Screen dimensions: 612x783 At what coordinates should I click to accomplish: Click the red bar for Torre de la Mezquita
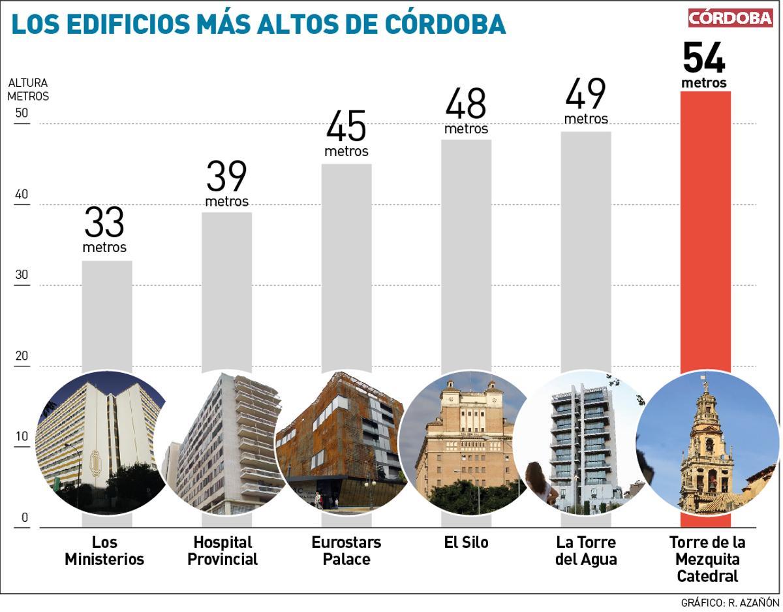705,229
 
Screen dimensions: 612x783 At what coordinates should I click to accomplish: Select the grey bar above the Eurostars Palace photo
346,261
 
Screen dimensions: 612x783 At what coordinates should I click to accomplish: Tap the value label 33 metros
104,229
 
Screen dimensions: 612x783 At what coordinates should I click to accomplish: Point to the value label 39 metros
226,183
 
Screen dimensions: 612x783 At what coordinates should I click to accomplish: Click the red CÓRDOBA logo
729,18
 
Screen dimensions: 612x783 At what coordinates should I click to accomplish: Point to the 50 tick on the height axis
22,113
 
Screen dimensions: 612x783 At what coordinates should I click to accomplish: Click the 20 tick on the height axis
22,356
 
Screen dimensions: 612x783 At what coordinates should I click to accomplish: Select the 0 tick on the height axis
25,518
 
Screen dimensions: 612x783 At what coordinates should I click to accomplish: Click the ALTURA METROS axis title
28,89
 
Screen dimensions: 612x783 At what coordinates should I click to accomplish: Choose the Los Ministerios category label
104,551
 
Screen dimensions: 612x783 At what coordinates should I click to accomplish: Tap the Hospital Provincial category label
223,551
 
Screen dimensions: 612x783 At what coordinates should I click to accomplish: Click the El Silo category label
466,543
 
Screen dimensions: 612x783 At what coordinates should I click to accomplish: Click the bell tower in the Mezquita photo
705,444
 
